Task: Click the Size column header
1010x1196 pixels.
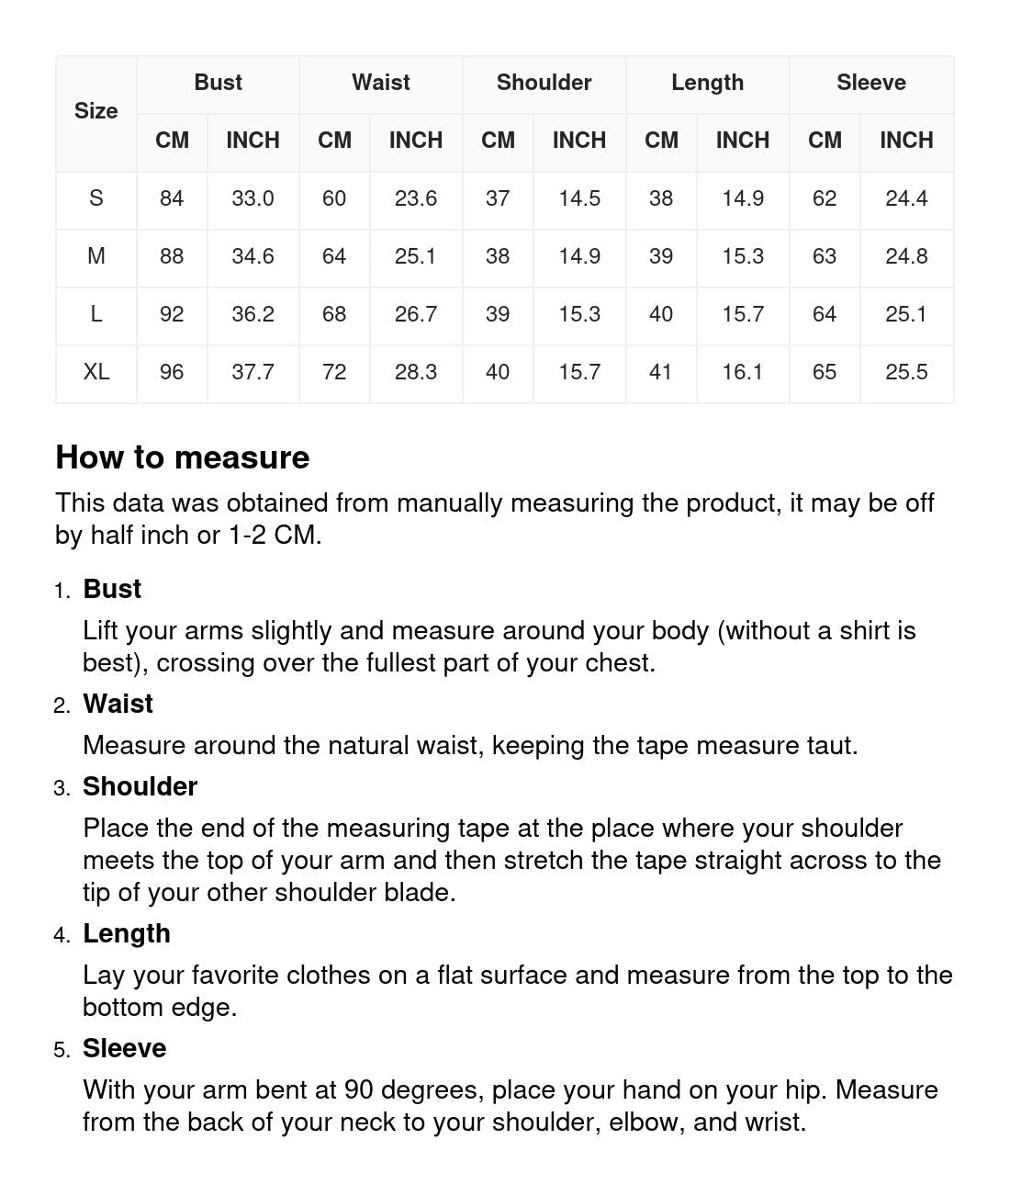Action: click(95, 111)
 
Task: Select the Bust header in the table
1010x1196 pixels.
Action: click(218, 83)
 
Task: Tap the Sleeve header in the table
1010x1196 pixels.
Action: click(870, 83)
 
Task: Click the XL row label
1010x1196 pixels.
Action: click(95, 372)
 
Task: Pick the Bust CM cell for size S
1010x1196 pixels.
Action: click(172, 198)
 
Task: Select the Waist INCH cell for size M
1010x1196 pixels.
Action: click(415, 256)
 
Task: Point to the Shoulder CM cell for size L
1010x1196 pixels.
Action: click(498, 314)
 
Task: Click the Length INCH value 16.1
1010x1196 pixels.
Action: click(742, 372)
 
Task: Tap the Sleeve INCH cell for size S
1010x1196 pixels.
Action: click(905, 198)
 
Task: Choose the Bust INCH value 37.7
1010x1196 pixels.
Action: click(252, 372)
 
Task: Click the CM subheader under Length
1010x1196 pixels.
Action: click(661, 141)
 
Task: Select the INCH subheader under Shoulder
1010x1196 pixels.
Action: click(578, 141)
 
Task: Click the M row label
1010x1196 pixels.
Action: click(95, 256)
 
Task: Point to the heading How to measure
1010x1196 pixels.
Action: click(183, 457)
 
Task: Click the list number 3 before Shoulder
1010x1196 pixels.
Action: click(61, 789)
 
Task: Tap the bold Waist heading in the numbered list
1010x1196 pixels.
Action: click(118, 704)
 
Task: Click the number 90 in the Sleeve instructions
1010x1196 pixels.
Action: click(358, 1090)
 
